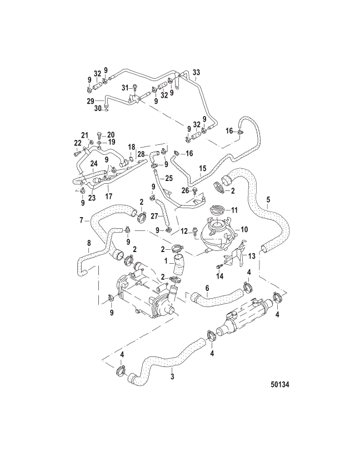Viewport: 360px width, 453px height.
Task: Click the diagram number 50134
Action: click(280, 385)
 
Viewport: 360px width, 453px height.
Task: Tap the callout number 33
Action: click(196, 72)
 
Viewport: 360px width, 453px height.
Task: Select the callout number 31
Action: click(125, 88)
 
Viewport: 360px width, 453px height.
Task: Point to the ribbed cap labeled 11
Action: click(219, 209)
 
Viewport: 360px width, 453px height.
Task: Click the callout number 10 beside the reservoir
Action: click(244, 230)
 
